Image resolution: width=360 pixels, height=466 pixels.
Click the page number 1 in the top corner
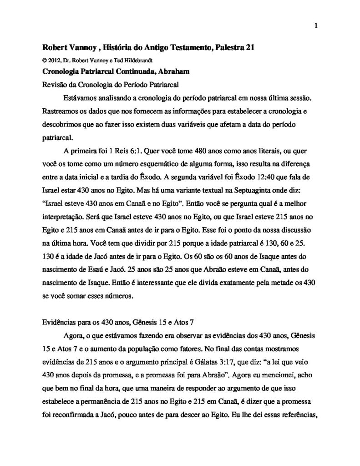[315, 25]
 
